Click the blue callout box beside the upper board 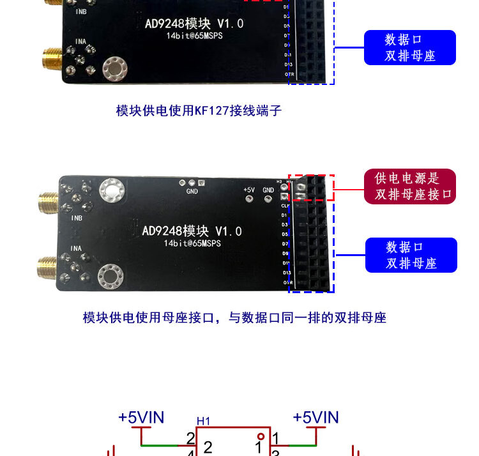(410, 47)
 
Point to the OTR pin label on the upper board (289, 74)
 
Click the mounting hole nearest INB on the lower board (110, 188)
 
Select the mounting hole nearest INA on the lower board (110, 276)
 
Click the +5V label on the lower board (249, 190)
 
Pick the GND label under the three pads (192, 191)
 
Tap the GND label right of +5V (268, 190)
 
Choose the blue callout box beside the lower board (411, 255)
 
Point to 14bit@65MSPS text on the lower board (192, 243)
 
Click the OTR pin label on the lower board (287, 282)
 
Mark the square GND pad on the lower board (202, 183)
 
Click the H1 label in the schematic (203, 421)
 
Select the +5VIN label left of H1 (141, 418)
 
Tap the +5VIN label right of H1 (316, 418)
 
